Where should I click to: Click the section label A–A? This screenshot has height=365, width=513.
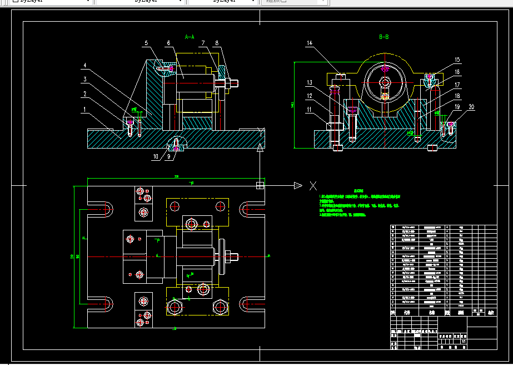click(x=190, y=37)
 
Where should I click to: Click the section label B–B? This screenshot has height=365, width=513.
click(x=384, y=37)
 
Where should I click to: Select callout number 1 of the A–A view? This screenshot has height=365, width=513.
click(x=84, y=110)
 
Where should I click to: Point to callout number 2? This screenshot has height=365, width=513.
click(x=84, y=94)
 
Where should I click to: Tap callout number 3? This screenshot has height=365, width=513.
click(x=84, y=79)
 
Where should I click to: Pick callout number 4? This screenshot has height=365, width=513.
click(x=84, y=65)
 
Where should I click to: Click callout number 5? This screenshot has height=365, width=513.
click(x=146, y=43)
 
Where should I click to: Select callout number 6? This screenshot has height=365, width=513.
click(x=168, y=43)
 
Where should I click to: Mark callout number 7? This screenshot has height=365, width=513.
click(x=204, y=43)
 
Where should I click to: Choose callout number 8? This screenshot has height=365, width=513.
click(x=217, y=43)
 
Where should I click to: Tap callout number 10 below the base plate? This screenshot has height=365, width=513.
click(x=156, y=157)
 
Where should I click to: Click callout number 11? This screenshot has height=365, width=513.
click(x=309, y=110)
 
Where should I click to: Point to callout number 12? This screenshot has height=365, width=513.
click(x=309, y=96)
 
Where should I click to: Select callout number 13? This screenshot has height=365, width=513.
click(x=309, y=82)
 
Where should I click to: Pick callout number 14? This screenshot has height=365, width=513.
click(x=309, y=43)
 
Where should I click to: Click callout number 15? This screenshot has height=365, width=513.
click(x=457, y=60)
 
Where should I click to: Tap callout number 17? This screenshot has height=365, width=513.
click(x=457, y=85)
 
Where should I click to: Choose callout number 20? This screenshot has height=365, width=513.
click(x=471, y=107)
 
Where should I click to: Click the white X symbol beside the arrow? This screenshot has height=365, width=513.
click(x=313, y=185)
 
